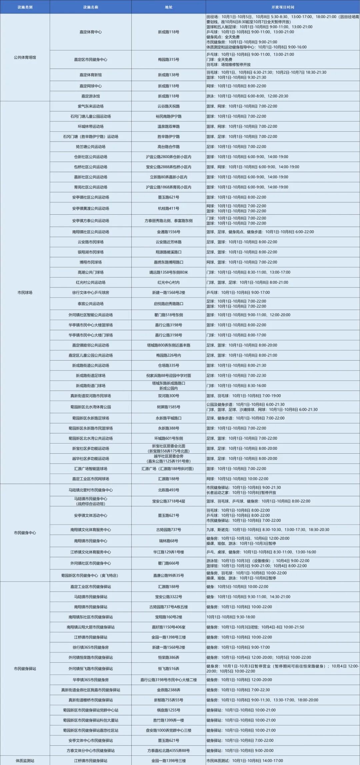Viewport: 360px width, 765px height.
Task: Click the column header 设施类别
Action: [25, 7]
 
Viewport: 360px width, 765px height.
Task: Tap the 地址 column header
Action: [169, 7]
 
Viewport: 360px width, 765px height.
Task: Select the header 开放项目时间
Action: [283, 7]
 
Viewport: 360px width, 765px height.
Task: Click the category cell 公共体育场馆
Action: [25, 57]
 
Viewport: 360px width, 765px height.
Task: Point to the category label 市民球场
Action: [25, 292]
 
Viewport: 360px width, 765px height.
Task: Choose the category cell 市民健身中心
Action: [25, 533]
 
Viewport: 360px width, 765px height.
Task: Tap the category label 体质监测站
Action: [25, 761]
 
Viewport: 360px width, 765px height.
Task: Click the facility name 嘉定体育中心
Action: [91, 32]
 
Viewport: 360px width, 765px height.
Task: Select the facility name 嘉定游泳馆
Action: [91, 96]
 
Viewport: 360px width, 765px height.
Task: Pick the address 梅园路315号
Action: [169, 60]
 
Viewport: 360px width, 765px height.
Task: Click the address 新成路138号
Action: [169, 75]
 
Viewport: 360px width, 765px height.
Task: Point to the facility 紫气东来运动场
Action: [91, 106]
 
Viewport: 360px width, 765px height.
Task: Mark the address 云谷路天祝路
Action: [169, 106]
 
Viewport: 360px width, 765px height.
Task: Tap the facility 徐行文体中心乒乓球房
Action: [91, 292]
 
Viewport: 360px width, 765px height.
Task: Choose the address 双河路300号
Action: [169, 396]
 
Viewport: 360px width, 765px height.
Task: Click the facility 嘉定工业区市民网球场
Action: [91, 479]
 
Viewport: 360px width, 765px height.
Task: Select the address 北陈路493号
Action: [169, 490]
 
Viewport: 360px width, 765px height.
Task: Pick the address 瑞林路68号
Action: [169, 541]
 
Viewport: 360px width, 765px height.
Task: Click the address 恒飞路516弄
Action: [169, 668]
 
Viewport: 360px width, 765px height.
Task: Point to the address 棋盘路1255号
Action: [169, 710]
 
